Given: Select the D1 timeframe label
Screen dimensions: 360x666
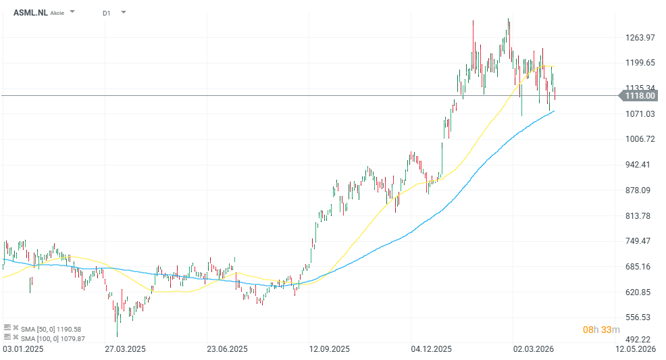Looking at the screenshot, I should [107, 13].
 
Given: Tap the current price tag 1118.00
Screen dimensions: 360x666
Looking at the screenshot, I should [640, 96].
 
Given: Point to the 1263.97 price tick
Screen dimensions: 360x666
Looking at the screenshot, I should [640, 37].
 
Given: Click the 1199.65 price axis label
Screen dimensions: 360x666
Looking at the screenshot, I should [640, 63].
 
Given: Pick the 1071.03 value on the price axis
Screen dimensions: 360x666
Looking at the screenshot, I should [640, 113].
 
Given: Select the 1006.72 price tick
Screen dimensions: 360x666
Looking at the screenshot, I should [640, 139].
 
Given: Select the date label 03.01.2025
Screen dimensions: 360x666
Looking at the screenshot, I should [23, 349].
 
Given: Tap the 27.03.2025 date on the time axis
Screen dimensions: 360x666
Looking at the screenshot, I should [125, 349].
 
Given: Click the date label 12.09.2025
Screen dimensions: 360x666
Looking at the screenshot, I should [329, 349].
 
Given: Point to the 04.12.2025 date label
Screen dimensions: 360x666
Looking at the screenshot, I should [431, 349].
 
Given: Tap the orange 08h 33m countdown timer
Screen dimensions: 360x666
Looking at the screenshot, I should [600, 330].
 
